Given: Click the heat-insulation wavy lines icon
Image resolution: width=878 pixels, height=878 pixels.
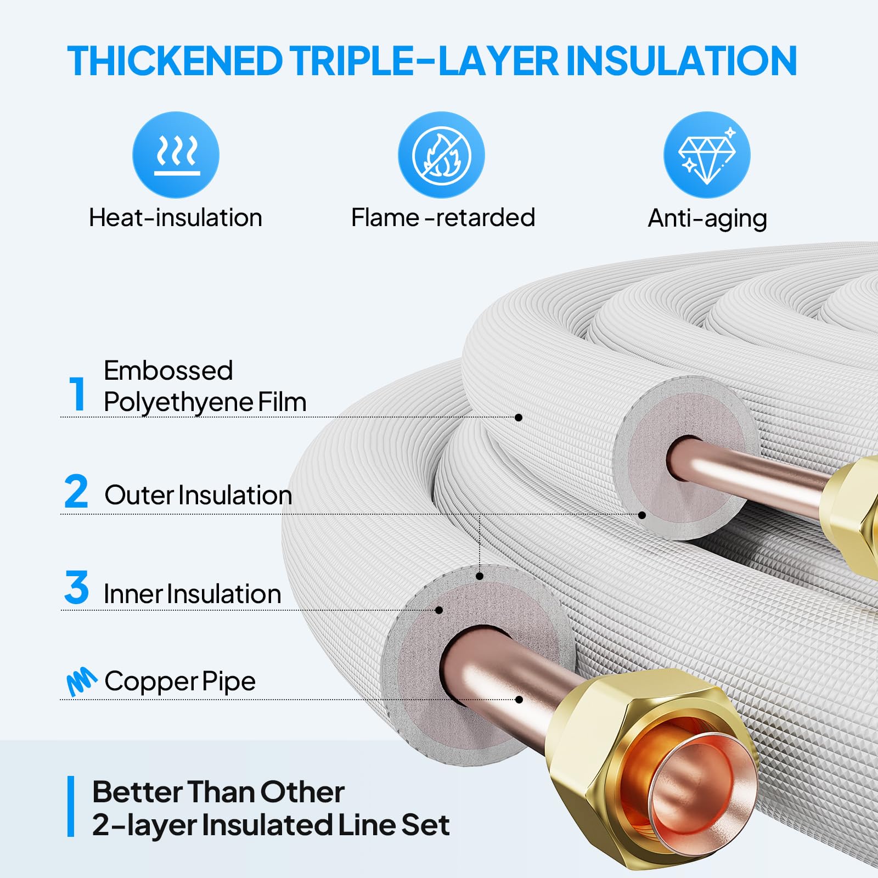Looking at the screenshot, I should tap(176, 155).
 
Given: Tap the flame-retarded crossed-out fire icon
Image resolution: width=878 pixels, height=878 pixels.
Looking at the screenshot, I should tap(441, 155).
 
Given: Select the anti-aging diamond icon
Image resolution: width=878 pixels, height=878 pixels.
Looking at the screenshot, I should tap(707, 155).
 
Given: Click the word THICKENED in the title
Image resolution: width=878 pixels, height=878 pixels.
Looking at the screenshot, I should tap(175, 61).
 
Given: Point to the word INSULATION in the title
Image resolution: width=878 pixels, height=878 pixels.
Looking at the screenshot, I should tap(680, 61).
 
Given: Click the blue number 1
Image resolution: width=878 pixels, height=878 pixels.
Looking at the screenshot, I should tap(77, 393).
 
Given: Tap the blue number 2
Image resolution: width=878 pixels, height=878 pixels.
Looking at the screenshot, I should tap(76, 492).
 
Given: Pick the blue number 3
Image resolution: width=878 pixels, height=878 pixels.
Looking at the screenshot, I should tap(76, 588).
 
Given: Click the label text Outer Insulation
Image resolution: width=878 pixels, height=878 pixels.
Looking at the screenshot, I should tap(198, 495).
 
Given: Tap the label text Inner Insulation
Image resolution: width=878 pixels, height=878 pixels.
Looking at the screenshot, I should tap(192, 594).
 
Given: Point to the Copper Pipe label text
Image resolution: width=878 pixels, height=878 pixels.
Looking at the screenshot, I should tap(180, 681).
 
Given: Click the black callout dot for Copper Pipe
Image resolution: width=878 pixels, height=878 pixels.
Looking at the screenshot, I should tap(519, 700).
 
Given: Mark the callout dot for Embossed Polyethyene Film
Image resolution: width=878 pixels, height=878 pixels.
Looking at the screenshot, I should tap(519, 418).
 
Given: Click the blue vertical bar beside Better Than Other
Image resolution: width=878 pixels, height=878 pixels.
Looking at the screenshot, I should tap(71, 806).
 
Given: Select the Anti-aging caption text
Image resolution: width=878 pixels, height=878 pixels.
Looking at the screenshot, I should tap(707, 218).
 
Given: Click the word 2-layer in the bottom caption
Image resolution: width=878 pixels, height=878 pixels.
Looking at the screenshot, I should tap(143, 825).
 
